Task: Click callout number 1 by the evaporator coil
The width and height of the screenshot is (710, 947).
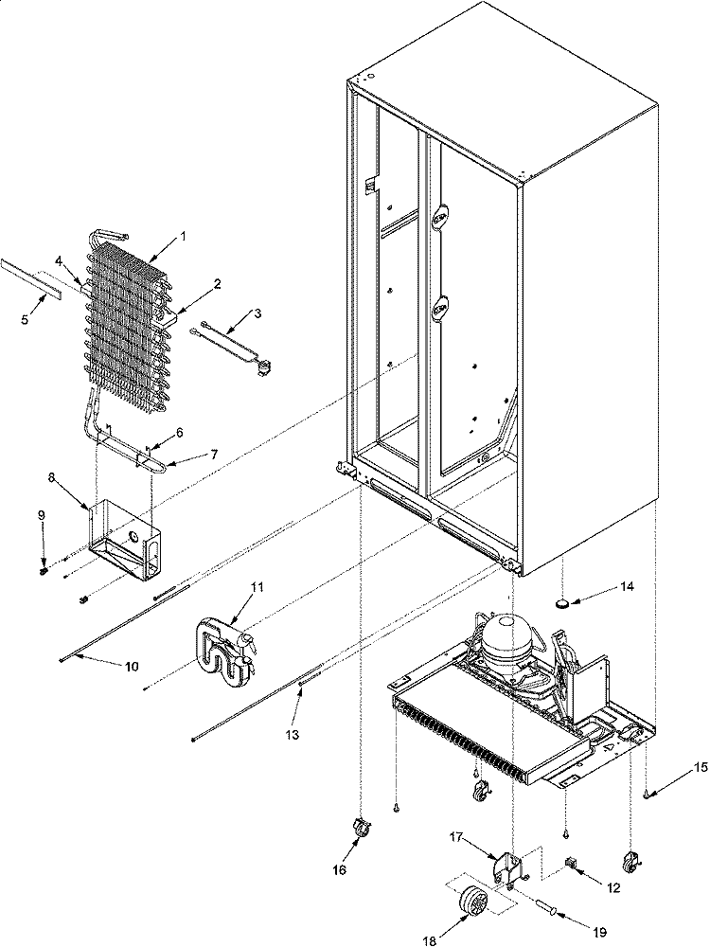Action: tap(183, 235)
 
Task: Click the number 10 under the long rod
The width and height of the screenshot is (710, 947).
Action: tap(131, 667)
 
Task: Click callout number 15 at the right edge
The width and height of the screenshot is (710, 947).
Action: tap(699, 766)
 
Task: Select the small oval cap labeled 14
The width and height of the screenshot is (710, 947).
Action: tap(566, 601)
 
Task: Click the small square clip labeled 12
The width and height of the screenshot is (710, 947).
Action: tap(571, 860)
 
